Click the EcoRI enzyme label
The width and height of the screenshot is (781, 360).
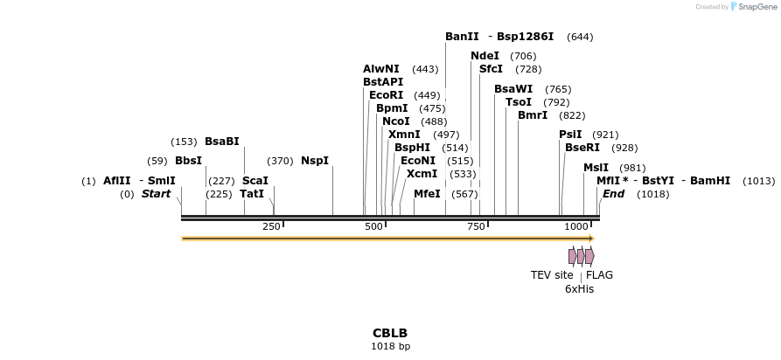click(386, 95)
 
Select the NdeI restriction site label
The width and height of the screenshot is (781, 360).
click(485, 56)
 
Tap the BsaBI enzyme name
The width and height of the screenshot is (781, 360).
click(221, 141)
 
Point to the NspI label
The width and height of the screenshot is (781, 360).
click(315, 161)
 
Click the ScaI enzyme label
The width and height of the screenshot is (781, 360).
click(255, 181)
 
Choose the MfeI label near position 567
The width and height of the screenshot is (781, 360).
click(427, 194)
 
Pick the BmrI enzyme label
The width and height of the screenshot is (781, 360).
click(533, 115)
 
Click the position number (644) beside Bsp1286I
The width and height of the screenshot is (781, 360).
click(580, 37)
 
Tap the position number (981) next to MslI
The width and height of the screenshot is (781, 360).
click(632, 168)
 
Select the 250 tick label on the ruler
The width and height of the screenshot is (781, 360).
click(271, 227)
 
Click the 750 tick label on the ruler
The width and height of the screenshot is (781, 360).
click(475, 227)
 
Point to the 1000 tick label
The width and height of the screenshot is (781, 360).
click(576, 227)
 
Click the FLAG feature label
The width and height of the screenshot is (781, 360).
click(599, 275)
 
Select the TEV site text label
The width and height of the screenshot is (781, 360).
click(552, 275)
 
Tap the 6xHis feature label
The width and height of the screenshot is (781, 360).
click(579, 289)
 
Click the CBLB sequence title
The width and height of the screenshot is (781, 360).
click(390, 333)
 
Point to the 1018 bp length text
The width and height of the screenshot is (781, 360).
click(390, 347)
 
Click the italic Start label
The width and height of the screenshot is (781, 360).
click(156, 194)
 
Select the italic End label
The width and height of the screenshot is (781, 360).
click(613, 194)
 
